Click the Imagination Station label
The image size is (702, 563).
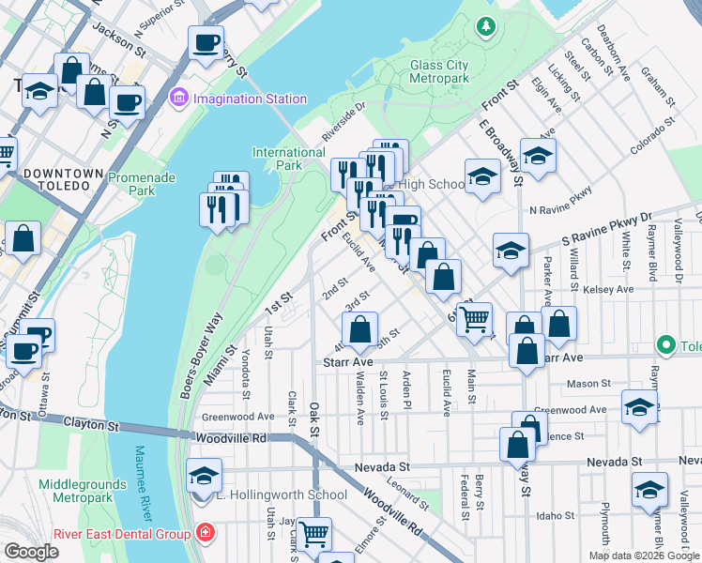click(251, 99)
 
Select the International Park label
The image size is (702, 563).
click(289, 159)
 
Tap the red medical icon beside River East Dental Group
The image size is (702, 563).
click(205, 534)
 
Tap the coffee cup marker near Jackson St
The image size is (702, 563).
click(206, 42)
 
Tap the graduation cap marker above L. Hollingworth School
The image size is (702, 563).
click(204, 475)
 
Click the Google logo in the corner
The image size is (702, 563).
click(31, 552)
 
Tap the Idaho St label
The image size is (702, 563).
click(556, 516)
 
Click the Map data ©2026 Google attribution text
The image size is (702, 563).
click(644, 555)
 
